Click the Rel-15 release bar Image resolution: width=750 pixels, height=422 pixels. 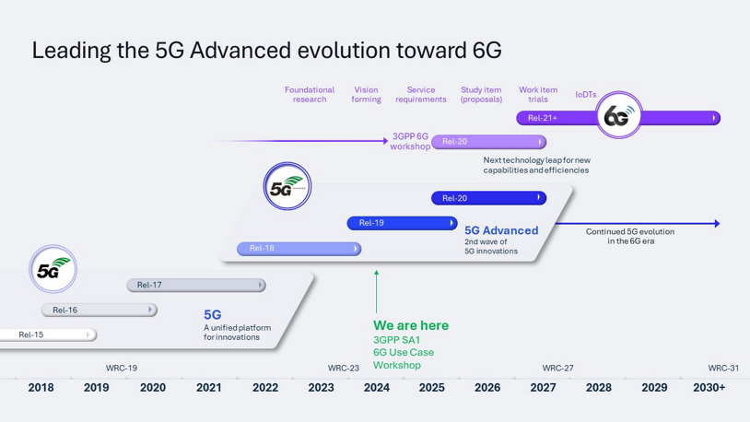[x=46, y=334]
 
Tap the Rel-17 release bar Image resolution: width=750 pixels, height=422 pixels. [x=195, y=286]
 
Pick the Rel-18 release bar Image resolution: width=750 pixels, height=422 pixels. [x=299, y=249]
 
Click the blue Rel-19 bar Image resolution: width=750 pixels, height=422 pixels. [x=402, y=223]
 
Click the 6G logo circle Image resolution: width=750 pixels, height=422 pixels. [x=617, y=116]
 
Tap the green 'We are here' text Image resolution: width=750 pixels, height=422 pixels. [x=411, y=325]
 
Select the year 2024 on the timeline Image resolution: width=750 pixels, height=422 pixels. [x=376, y=388]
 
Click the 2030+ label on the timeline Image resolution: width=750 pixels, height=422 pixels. [x=709, y=388]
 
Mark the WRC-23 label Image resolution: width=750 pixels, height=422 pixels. [x=344, y=369]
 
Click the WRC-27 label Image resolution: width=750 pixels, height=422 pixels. [x=557, y=369]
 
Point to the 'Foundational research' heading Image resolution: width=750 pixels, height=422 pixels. [x=310, y=95]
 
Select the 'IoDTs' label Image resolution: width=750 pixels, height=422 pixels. [x=586, y=95]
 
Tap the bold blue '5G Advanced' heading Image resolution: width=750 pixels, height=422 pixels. [x=501, y=230]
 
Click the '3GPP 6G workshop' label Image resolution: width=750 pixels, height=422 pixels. [x=410, y=141]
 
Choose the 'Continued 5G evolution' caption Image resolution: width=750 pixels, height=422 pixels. [x=630, y=237]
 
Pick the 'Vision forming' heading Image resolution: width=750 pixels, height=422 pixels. [x=366, y=95]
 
